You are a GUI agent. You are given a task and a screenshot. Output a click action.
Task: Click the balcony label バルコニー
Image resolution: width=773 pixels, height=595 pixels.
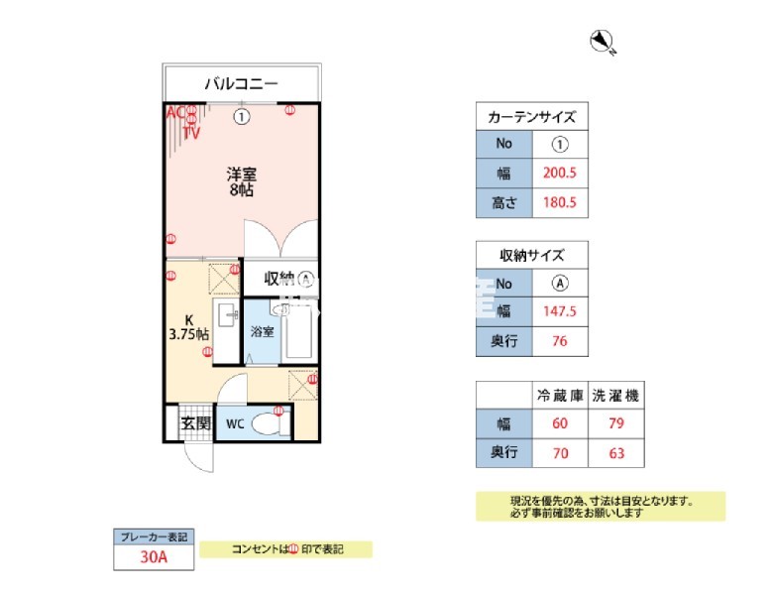point(241,83)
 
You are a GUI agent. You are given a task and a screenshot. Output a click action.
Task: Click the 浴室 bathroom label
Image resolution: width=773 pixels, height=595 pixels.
point(262,332)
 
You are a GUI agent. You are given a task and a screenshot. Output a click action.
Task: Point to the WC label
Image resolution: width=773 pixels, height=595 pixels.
point(234,423)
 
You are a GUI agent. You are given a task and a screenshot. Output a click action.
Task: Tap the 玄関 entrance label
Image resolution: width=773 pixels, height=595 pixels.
point(195,423)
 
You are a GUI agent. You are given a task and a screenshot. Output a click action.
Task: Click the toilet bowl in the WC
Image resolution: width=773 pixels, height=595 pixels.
point(266,424)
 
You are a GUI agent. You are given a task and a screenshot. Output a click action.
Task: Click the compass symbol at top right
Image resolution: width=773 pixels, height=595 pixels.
point(602,42)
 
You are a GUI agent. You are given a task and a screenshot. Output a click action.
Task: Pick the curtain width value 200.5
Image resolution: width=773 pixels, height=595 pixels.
point(560,173)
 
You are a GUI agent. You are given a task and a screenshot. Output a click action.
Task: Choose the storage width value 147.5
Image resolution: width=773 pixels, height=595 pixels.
point(560,311)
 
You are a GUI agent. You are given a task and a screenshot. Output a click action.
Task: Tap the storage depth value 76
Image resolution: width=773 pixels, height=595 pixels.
point(560,341)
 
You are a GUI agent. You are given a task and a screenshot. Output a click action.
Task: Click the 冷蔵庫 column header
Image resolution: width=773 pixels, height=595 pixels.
point(560,396)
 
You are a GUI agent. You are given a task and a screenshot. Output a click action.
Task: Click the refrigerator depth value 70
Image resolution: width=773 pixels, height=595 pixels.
point(560,455)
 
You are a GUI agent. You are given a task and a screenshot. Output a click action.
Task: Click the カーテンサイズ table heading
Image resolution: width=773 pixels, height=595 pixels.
point(532,116)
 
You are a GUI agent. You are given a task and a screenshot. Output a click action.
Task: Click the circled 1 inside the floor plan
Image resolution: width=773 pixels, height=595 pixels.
point(242,117)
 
